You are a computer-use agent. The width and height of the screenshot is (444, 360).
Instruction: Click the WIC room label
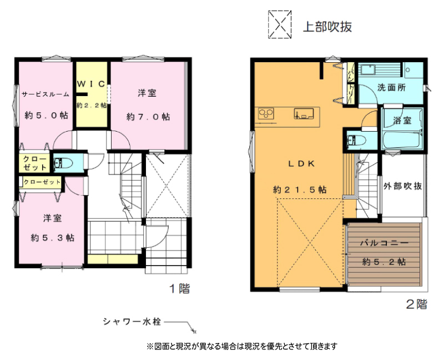click(x=92, y=84)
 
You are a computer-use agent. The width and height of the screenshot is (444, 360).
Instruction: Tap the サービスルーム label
click(x=46, y=94)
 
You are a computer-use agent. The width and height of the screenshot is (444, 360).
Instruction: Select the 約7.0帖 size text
click(x=148, y=117)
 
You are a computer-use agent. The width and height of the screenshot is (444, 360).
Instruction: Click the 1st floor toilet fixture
click(x=63, y=163)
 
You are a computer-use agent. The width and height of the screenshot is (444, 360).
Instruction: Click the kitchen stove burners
click(x=266, y=114)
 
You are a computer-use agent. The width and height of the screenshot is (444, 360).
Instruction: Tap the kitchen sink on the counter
click(x=304, y=113)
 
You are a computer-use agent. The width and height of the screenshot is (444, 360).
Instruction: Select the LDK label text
click(x=301, y=164)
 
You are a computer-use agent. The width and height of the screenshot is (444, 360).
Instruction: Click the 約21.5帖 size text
click(x=300, y=189)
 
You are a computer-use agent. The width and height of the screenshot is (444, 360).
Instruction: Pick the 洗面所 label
click(x=391, y=88)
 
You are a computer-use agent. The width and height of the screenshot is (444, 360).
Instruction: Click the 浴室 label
click(x=402, y=121)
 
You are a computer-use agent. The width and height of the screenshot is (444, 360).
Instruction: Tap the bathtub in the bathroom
click(x=401, y=140)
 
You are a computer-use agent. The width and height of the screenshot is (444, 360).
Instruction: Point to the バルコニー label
click(x=384, y=243)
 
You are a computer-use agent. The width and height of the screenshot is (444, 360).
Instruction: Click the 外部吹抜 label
click(x=403, y=186)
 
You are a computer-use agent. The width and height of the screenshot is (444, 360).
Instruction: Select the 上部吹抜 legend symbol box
click(x=280, y=24)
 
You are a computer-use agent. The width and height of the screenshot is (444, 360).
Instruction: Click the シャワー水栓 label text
click(x=132, y=322)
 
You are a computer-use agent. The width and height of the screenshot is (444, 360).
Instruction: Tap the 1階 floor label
click(x=179, y=288)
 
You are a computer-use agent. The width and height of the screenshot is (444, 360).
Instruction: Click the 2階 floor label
click(x=417, y=304)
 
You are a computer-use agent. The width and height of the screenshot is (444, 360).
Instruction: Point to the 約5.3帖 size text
click(x=53, y=238)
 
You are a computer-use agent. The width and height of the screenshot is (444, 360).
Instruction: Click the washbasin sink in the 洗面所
click(x=367, y=69)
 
